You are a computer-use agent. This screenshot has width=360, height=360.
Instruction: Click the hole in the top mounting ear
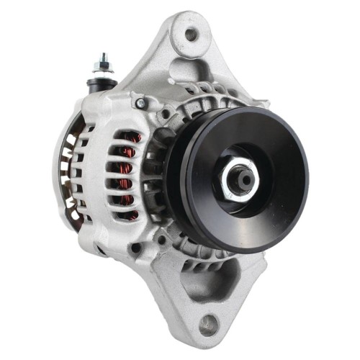(191, 33)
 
